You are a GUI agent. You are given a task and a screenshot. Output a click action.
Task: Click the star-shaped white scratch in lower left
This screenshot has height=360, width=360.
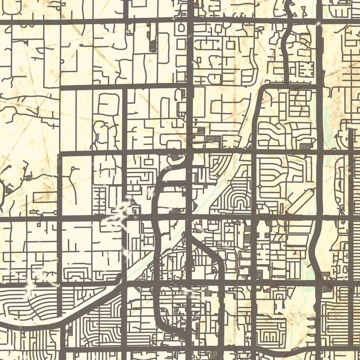pos(31,285)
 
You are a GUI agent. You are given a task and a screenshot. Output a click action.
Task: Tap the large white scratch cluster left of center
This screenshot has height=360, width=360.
pos(119,214)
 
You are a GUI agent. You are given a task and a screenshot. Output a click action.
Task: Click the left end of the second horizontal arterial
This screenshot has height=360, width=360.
pos(62,88)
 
